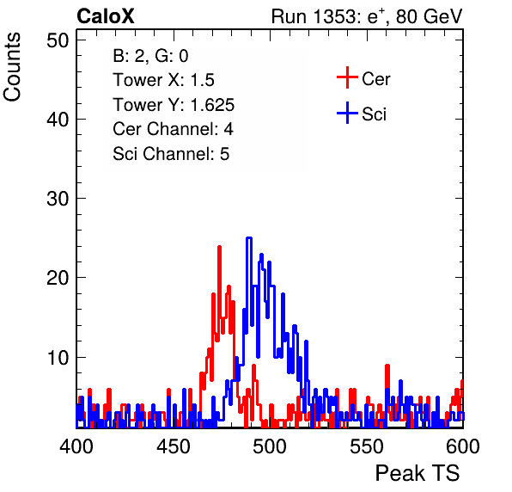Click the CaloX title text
pyautogui.click(x=106, y=16)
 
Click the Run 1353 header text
pyautogui.click(x=367, y=16)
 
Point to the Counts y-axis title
pyautogui.click(x=12, y=67)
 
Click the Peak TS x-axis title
pyautogui.click(x=418, y=473)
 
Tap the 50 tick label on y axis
pyautogui.click(x=58, y=41)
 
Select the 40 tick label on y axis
pyautogui.click(x=58, y=120)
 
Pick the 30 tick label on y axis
pyautogui.click(x=58, y=199)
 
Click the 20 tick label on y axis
pyautogui.click(x=58, y=278)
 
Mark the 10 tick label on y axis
pyautogui.click(x=58, y=358)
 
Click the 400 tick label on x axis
pyautogui.click(x=76, y=446)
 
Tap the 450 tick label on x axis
pyautogui.click(x=173, y=446)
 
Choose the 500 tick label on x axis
pyautogui.click(x=270, y=446)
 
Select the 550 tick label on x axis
pyautogui.click(x=366, y=446)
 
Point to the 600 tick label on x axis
pyautogui.click(x=463, y=446)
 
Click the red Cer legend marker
pyautogui.click(x=347, y=77)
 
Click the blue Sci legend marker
pyautogui.click(x=347, y=114)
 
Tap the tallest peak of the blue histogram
pyautogui.click(x=249, y=238)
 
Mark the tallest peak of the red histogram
pyautogui.click(x=219, y=247)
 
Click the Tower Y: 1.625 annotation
pyautogui.click(x=174, y=105)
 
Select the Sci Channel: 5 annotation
pyautogui.click(x=171, y=154)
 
